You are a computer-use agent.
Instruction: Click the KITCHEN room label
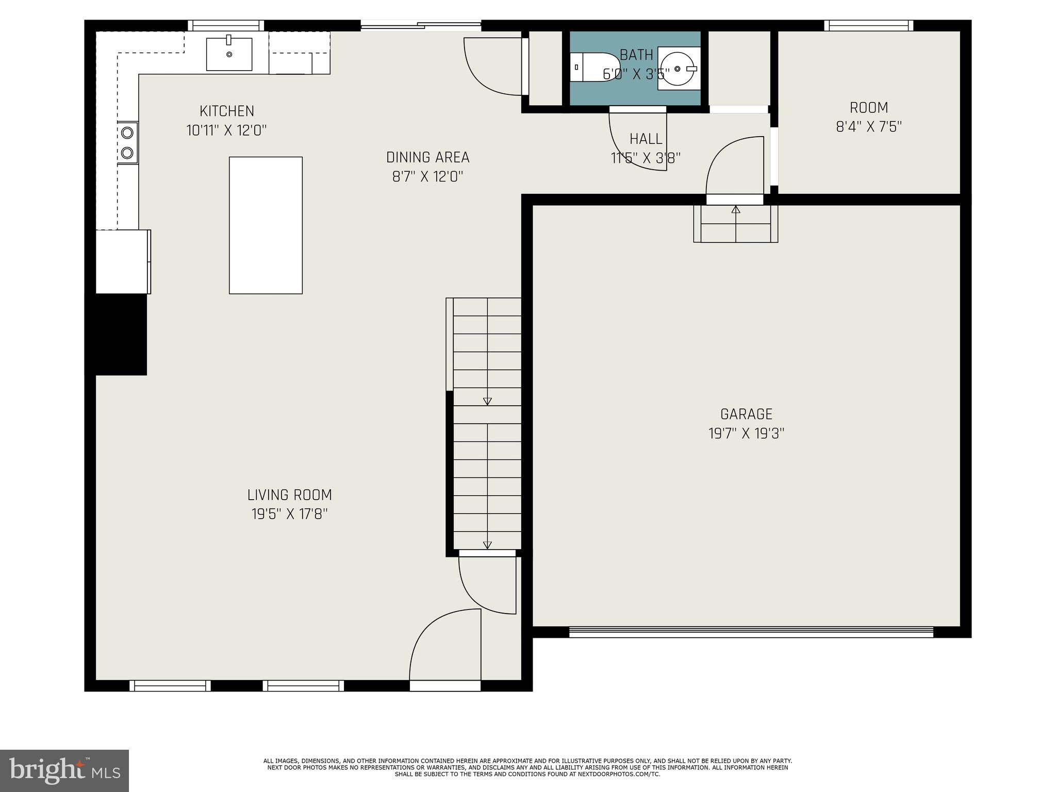[227, 111]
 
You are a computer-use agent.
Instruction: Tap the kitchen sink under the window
[229, 54]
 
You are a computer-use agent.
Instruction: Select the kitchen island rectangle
[266, 225]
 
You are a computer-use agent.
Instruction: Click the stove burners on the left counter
[127, 142]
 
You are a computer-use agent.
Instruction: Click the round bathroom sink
[678, 68]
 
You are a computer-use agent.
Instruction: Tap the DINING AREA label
[427, 157]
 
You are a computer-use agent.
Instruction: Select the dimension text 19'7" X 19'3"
[746, 434]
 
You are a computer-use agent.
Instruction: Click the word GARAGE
[746, 414]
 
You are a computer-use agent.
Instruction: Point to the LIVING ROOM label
[289, 495]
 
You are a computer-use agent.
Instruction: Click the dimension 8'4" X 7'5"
[868, 127]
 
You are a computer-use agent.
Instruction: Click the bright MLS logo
[64, 770]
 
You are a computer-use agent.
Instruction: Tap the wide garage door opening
[751, 632]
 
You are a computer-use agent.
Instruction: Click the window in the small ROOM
[868, 25]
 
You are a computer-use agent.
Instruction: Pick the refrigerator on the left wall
[123, 261]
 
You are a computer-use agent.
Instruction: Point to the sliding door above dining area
[420, 24]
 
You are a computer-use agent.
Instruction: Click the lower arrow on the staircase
[487, 544]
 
